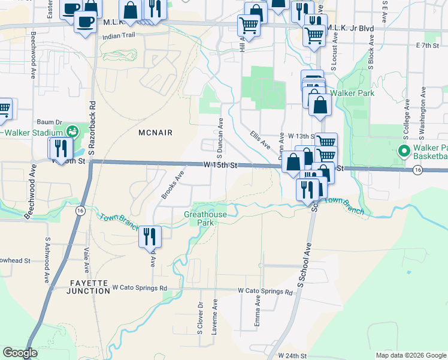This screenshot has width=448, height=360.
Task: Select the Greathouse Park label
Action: point(205,218)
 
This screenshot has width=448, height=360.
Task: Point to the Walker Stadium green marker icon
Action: point(72,131)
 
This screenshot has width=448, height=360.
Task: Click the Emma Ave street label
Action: point(258,312)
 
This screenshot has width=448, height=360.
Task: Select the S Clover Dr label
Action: point(201,316)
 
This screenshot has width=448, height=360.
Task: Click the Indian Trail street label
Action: point(120,36)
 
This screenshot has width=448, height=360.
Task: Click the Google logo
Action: point(20,353)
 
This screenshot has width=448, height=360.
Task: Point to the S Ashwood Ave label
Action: point(47,260)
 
